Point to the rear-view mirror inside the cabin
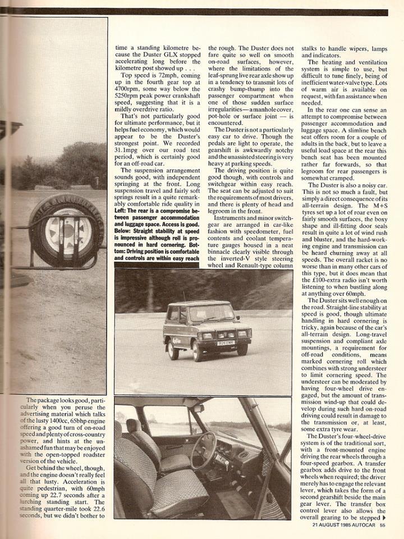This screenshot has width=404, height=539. (198, 409)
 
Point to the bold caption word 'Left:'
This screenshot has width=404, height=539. (125, 210)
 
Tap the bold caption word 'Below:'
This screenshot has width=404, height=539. (127, 230)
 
